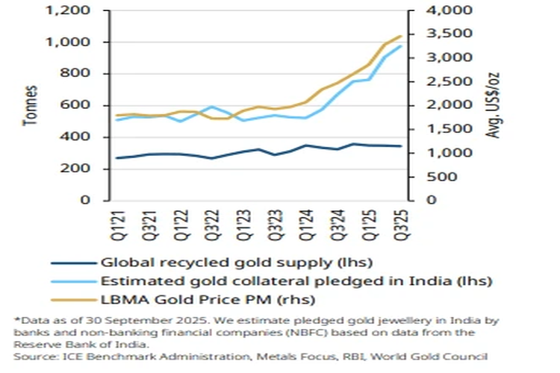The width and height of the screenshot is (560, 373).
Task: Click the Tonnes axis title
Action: pos(31,105)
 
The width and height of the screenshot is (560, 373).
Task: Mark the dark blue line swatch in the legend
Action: pos(71,263)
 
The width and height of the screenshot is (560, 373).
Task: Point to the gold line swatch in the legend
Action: pos(71,299)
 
